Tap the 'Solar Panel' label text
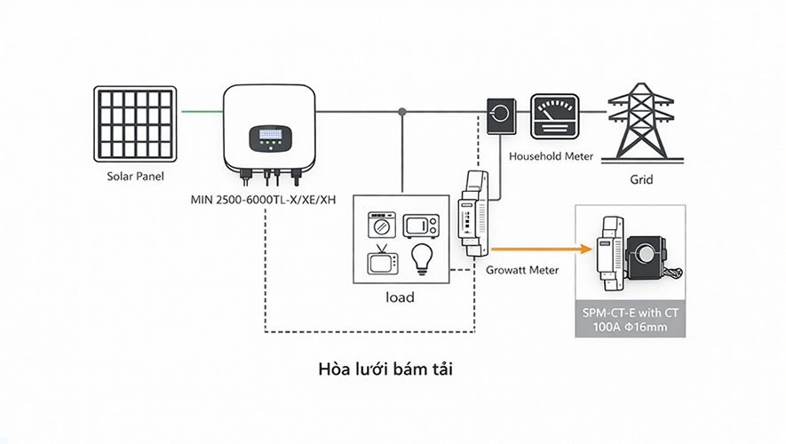[136, 177]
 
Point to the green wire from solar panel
[201, 112]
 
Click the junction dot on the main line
[403, 112]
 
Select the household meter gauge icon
[553, 116]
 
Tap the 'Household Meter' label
[551, 156]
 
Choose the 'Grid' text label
[641, 179]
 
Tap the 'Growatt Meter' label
[522, 270]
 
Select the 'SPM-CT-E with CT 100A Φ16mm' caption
[630, 319]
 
